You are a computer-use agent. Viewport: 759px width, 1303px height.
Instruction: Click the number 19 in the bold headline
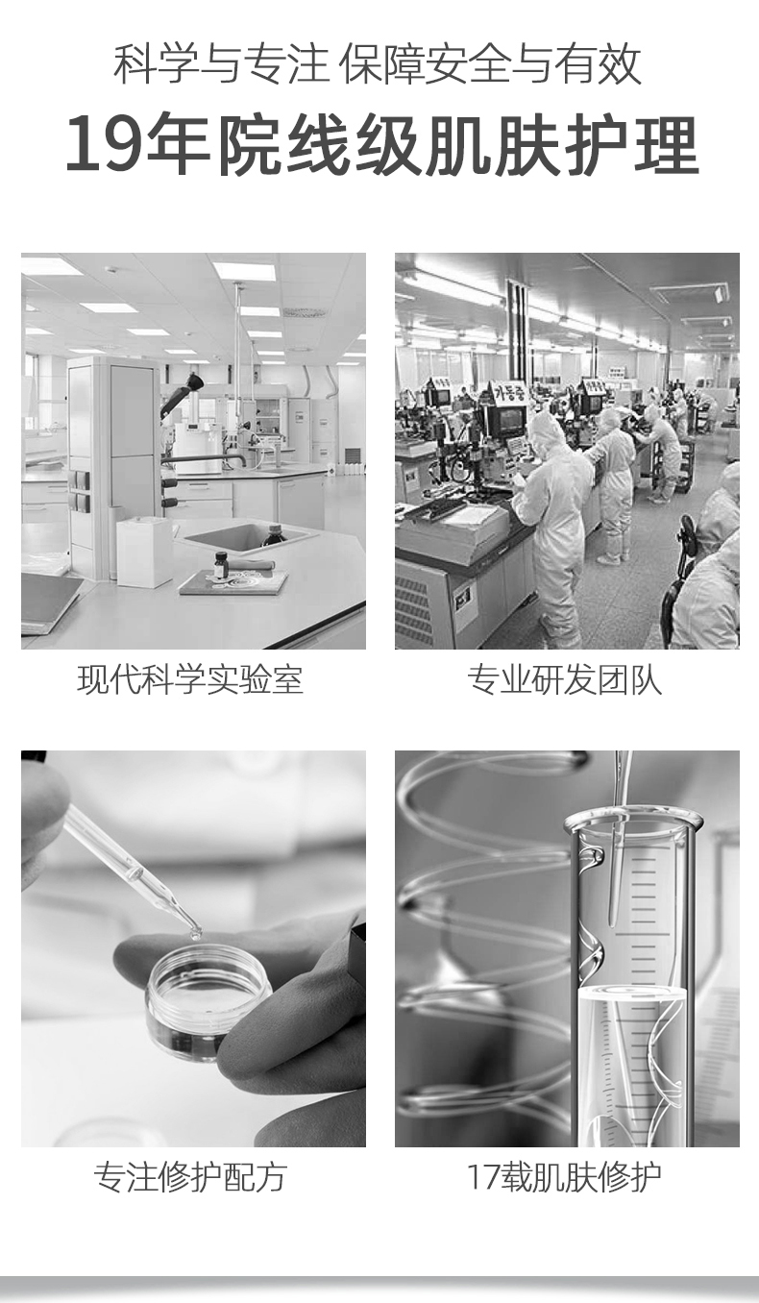point(105,143)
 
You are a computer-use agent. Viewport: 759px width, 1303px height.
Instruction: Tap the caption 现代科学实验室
point(190,678)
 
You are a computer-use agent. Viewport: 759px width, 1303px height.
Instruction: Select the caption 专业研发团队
point(564,678)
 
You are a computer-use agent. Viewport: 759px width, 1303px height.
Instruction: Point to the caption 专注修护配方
point(190,1177)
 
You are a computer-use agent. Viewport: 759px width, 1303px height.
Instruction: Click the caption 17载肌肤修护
point(564,1177)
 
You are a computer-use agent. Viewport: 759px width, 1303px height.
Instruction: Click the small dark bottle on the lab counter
point(221,564)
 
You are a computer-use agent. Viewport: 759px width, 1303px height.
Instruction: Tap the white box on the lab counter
point(144,552)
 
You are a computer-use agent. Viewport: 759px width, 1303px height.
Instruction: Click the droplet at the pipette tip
point(195,934)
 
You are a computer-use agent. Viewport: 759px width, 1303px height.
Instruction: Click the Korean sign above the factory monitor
point(509,392)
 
